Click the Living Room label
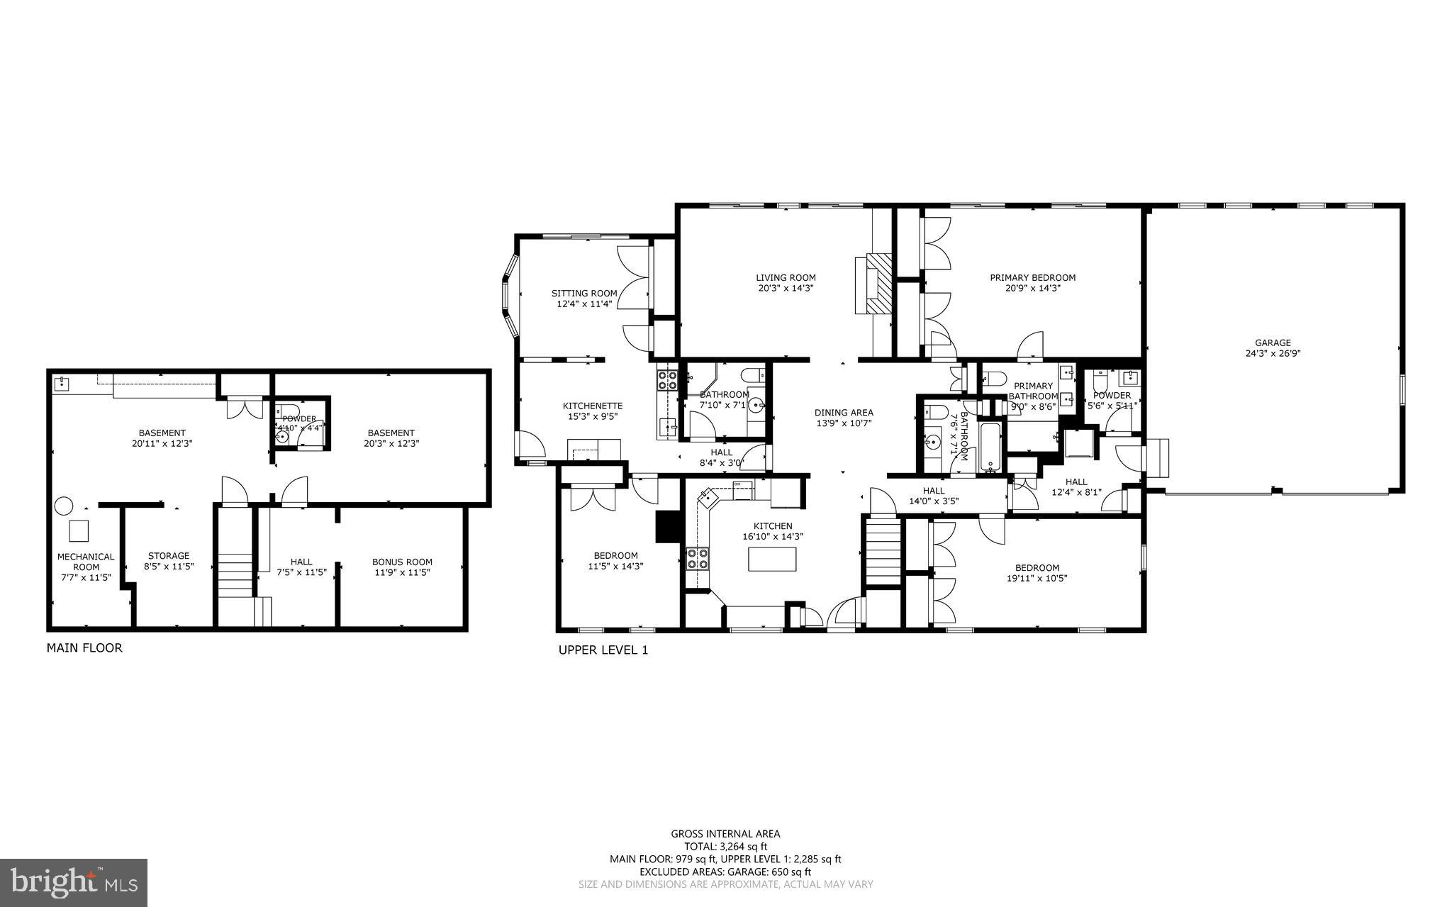point(786,278)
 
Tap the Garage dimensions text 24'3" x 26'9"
point(1273,353)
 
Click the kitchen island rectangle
point(772,559)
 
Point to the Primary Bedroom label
point(1032,278)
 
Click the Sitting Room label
point(584,294)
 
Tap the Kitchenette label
point(593,406)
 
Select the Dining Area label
point(844,413)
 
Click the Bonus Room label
point(402,562)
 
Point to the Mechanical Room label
point(86,562)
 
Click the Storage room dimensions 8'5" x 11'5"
point(169,567)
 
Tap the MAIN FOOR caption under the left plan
point(84,647)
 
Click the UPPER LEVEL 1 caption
point(603,650)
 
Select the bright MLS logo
point(74,882)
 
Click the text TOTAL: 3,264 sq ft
point(725,846)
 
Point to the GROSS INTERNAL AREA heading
point(725,834)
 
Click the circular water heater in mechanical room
point(64,506)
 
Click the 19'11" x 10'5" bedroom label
point(1037,573)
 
